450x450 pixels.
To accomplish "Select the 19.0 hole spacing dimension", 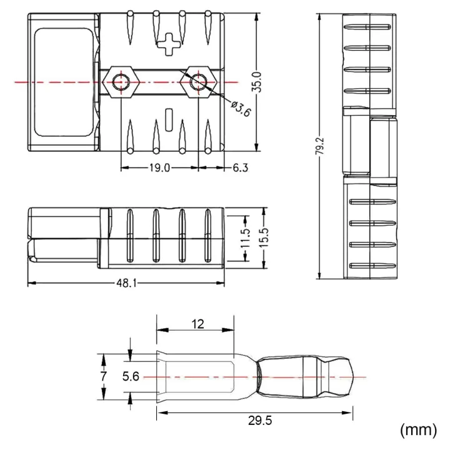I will tap(159, 167).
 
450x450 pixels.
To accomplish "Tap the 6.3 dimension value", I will tap(241, 167).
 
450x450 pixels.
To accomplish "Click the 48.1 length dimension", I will tap(125, 284).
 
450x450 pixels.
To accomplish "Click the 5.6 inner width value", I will tap(131, 376).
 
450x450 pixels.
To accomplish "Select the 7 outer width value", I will tap(104, 376).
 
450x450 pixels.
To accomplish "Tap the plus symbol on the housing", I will tap(167, 44).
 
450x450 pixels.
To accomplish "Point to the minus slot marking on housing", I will tap(167, 117).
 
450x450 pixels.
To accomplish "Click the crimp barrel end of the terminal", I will tap(306, 377).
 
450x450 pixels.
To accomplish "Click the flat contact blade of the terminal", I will tap(197, 377).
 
